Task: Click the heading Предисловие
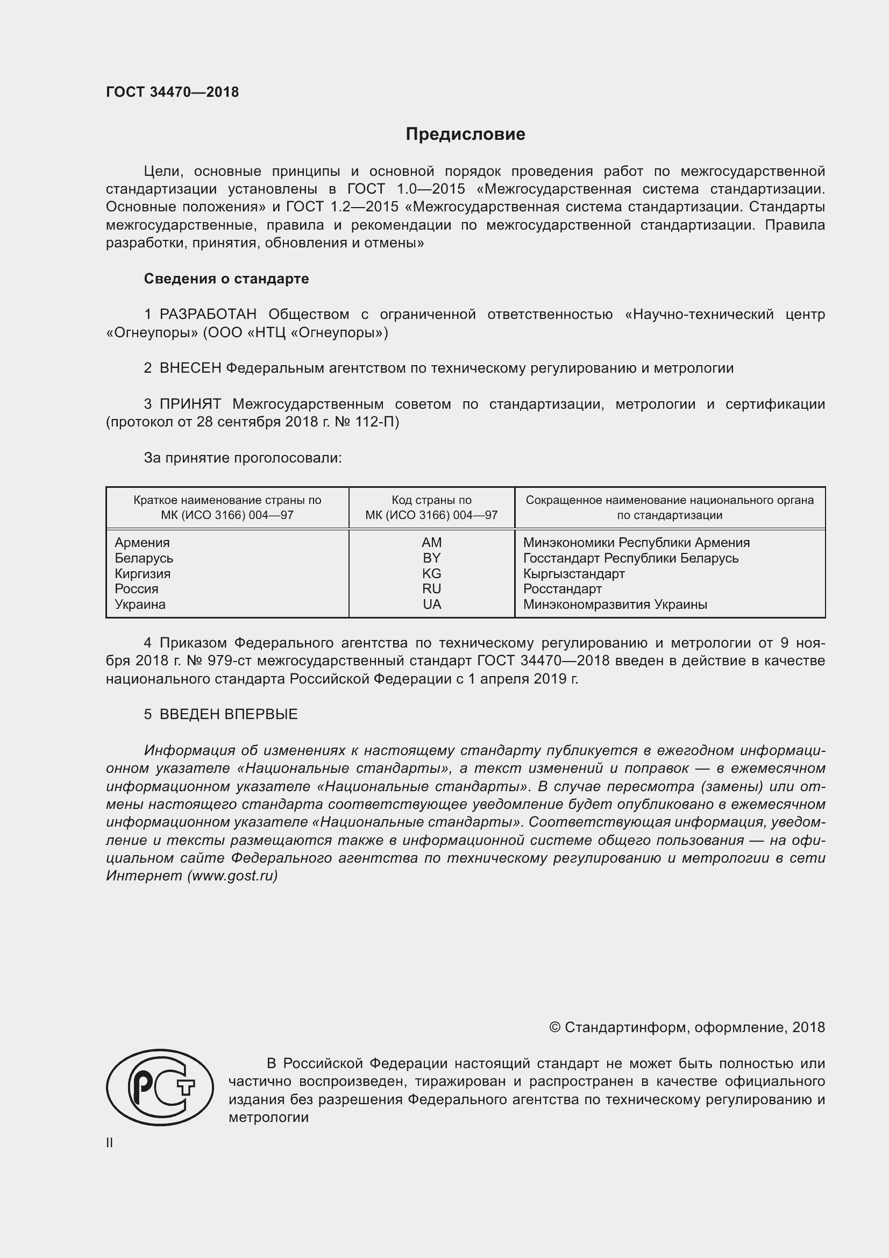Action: [465, 134]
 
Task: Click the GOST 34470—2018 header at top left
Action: [172, 92]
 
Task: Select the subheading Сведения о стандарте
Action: [226, 279]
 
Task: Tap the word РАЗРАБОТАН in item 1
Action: [208, 315]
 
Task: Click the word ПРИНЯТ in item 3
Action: [190, 404]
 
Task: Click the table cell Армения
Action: [142, 543]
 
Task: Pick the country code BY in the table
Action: [432, 558]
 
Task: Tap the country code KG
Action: [432, 574]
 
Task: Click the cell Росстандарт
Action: [562, 589]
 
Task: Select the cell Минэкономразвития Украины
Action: [615, 605]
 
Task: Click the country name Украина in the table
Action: [140, 605]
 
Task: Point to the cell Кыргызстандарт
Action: [573, 574]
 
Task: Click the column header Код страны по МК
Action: [432, 507]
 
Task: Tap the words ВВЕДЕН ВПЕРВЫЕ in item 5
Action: [229, 714]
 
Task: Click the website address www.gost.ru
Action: [232, 876]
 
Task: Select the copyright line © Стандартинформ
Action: [686, 1027]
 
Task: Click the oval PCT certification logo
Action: [159, 1088]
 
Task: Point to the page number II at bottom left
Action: [110, 1143]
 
